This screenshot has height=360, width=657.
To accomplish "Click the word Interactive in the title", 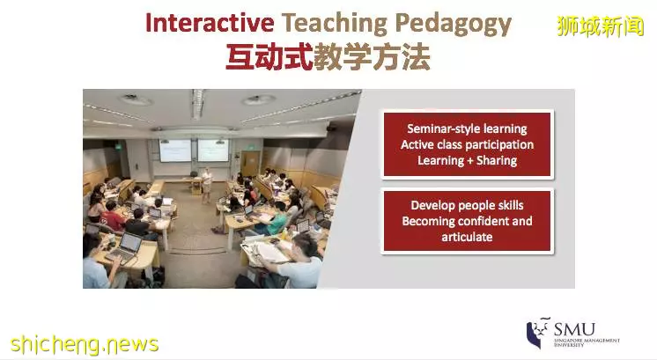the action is pyautogui.click(x=210, y=23).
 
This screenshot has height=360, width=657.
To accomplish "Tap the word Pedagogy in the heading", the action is pyautogui.click(x=453, y=25).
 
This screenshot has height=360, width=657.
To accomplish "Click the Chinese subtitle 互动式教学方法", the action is pyautogui.click(x=328, y=57).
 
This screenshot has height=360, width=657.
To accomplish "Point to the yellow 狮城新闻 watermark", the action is pyautogui.click(x=600, y=26).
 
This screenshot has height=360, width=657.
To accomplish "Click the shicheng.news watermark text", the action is pyautogui.click(x=85, y=344).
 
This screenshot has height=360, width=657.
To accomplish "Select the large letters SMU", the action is pyautogui.click(x=574, y=329).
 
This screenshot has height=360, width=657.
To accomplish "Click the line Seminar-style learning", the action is pyautogui.click(x=467, y=129).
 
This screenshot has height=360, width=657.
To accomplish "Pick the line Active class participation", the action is pyautogui.click(x=467, y=145).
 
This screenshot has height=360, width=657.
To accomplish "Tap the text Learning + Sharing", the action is pyautogui.click(x=467, y=160).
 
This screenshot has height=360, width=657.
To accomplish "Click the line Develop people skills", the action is pyautogui.click(x=467, y=205).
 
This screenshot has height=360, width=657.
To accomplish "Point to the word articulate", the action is pyautogui.click(x=467, y=237).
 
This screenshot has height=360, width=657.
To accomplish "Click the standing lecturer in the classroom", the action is pyautogui.click(x=206, y=185).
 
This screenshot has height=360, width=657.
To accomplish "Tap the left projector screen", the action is pyautogui.click(x=174, y=151).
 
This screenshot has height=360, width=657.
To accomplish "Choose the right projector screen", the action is pyautogui.click(x=213, y=151).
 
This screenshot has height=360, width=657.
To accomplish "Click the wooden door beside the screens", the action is pyautogui.click(x=250, y=164).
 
